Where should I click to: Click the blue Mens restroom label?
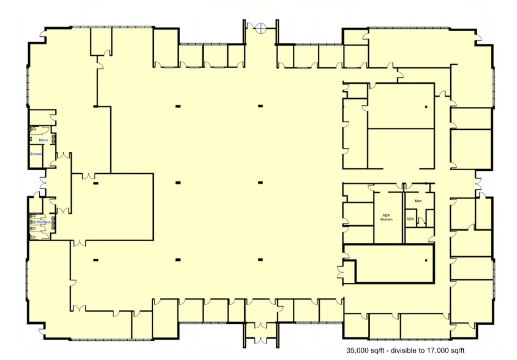[43, 140]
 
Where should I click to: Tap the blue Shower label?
[36, 154]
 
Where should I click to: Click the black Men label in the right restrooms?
[418, 201]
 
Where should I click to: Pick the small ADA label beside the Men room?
[410, 219]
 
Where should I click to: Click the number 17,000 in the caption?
[444, 351]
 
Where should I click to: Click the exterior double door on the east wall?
[478, 181]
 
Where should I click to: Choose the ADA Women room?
[387, 223]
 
